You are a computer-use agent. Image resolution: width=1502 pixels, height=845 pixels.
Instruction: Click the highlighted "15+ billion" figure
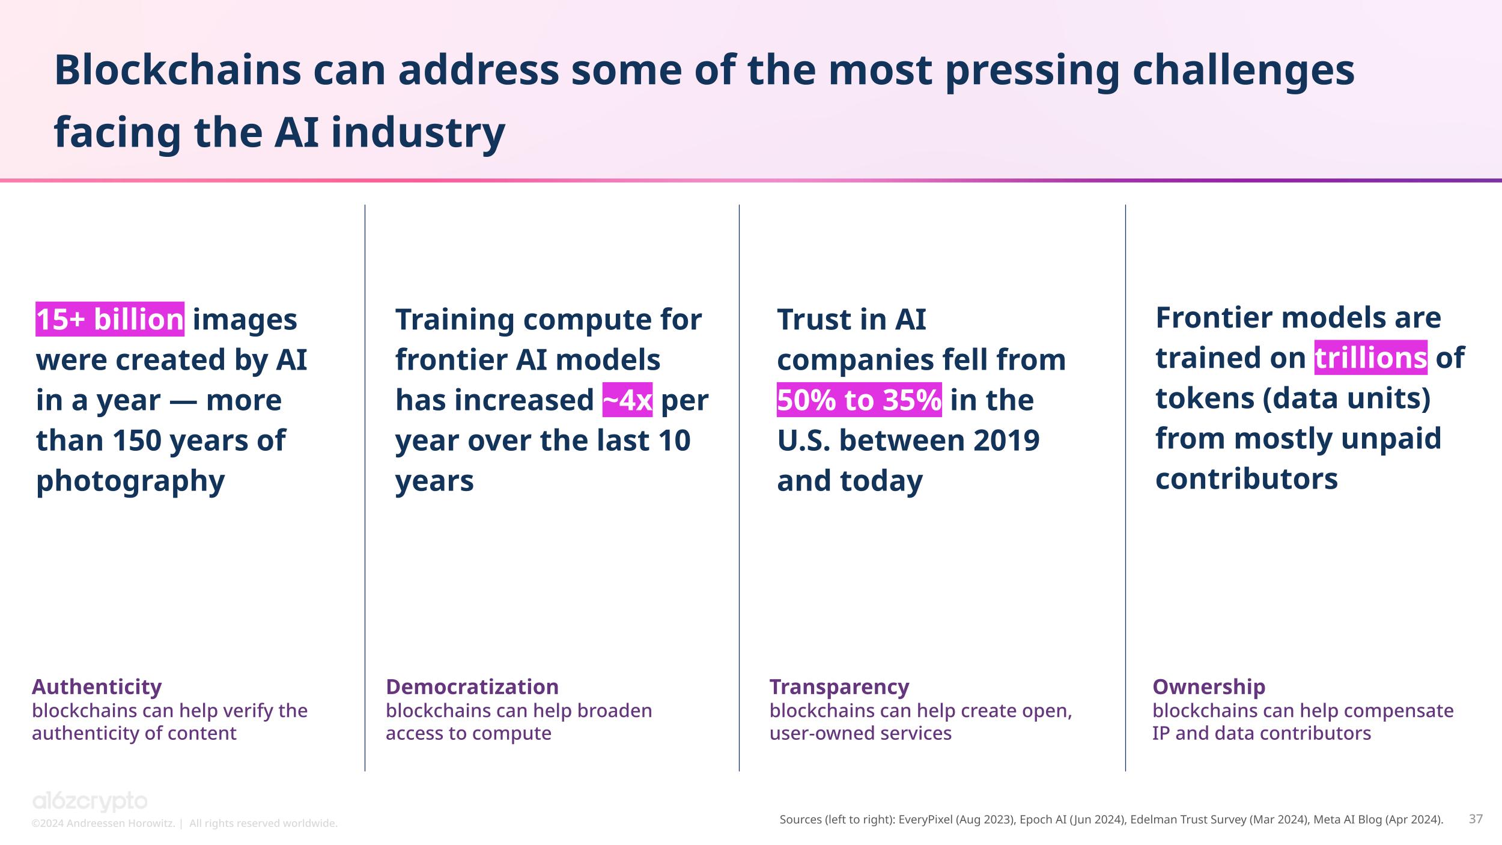[110, 319]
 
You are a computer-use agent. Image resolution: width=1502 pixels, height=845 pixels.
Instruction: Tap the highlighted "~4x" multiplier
[627, 400]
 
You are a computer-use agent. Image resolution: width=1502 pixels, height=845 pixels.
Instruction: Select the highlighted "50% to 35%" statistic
[859, 400]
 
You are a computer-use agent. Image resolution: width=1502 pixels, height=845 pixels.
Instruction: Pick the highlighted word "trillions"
[1370, 358]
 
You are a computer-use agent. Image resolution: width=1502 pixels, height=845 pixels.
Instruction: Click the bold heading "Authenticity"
[97, 686]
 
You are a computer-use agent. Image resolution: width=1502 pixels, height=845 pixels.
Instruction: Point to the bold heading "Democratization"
[472, 686]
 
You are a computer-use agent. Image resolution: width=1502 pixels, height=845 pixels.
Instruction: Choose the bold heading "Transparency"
[839, 686]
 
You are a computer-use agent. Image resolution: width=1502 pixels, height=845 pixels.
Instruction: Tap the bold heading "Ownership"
[1209, 686]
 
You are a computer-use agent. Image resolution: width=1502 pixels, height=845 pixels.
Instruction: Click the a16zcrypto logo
[90, 802]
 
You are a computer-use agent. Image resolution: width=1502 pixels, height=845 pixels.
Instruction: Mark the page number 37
[1476, 819]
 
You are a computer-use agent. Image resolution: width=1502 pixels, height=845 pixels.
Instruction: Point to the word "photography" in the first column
[130, 481]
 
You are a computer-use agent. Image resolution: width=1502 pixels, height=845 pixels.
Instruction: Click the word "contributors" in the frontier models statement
[1247, 479]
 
